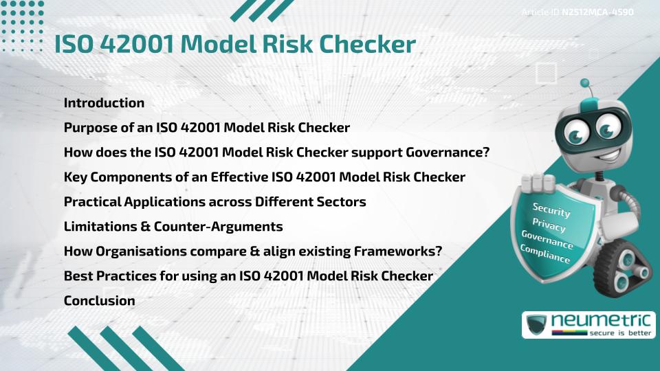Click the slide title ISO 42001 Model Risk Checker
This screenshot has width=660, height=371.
click(x=235, y=45)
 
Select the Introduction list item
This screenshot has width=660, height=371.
click(x=104, y=103)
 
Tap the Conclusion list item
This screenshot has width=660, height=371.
click(x=100, y=300)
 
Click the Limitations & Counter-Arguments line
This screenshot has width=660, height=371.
click(x=173, y=226)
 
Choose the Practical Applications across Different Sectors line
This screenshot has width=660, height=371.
click(x=214, y=202)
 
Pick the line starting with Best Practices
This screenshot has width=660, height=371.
click(x=248, y=276)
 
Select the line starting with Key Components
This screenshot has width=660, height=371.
click(x=265, y=177)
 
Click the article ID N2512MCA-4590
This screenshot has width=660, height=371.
click(x=597, y=12)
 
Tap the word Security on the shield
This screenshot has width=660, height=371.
click(x=551, y=210)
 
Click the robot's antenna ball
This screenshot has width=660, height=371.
click(x=585, y=84)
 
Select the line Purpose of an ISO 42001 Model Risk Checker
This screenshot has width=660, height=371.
click(x=207, y=128)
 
